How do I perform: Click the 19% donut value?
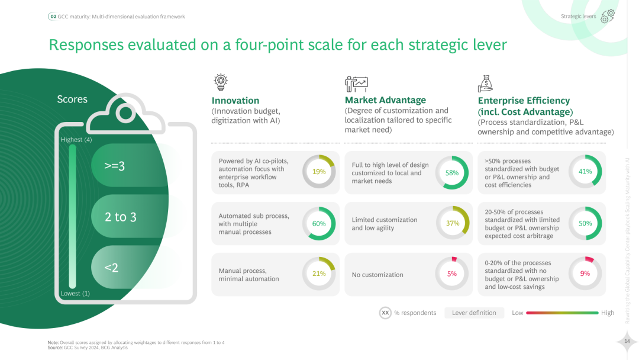click(x=319, y=172)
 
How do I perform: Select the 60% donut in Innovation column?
click(x=319, y=223)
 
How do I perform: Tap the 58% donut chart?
click(x=452, y=173)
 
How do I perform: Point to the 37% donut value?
click(x=452, y=223)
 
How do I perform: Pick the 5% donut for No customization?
click(x=452, y=274)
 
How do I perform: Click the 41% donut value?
click(x=585, y=172)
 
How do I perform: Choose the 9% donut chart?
click(x=585, y=274)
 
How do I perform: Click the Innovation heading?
click(x=235, y=101)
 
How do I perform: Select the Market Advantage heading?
click(x=385, y=100)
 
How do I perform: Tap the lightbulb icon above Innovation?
click(x=221, y=82)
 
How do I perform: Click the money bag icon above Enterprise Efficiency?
click(x=485, y=83)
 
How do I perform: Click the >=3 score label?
click(x=115, y=166)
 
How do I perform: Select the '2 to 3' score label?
click(x=120, y=217)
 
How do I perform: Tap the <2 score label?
click(x=111, y=268)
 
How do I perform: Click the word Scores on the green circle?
click(x=72, y=99)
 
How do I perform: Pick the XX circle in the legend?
click(x=385, y=313)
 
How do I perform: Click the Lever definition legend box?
click(x=474, y=313)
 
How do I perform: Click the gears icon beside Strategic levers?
click(x=608, y=17)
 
